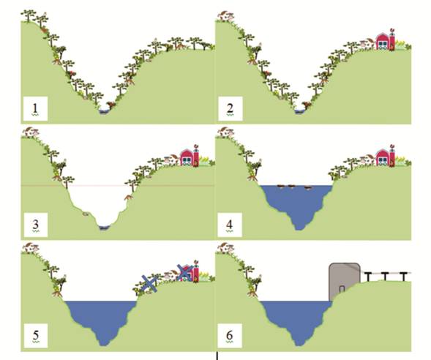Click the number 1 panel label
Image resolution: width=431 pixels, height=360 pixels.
click(35, 108)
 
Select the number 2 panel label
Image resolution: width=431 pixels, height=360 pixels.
click(230, 108)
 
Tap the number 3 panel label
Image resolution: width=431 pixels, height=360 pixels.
click(35, 225)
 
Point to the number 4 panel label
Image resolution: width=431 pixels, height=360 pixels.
click(229, 225)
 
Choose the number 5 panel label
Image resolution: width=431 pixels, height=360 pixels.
click(36, 335)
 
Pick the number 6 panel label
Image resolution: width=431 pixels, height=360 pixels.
click(229, 335)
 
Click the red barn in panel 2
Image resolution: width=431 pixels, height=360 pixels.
click(383, 41)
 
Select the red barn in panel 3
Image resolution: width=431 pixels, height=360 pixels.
click(187, 157)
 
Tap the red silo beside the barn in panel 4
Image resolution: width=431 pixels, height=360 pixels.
click(392, 156)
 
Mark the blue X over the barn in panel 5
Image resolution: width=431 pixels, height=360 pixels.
click(184, 272)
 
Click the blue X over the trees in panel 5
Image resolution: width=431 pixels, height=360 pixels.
click(149, 283)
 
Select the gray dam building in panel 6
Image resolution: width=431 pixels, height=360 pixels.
click(344, 282)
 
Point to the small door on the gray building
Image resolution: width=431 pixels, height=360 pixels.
click(342, 289)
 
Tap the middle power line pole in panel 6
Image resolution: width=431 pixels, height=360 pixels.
click(386, 276)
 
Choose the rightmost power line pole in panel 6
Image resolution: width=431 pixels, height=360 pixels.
click(403, 277)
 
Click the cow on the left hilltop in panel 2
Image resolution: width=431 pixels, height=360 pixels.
click(225, 16)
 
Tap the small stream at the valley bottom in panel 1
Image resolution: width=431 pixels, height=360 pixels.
click(104, 111)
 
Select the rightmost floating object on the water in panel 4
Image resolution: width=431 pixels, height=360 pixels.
click(308, 188)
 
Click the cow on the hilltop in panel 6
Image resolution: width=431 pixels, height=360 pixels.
click(225, 248)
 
